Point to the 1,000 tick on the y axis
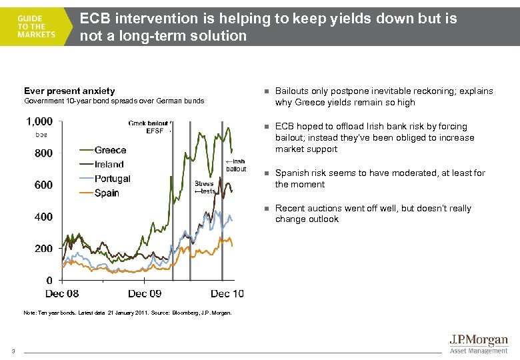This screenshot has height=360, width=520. (39, 121)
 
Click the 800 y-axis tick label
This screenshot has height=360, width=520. (43, 153)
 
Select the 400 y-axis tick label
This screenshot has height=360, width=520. (43, 217)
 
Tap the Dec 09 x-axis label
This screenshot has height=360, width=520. (145, 293)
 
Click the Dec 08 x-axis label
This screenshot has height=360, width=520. (62, 293)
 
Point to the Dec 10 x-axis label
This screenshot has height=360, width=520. (227, 293)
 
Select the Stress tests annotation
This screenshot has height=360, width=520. (204, 187)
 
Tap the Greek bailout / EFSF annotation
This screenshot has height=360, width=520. (150, 127)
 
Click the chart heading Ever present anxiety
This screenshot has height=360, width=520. (69, 91)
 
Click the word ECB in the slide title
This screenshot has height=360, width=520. (95, 19)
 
